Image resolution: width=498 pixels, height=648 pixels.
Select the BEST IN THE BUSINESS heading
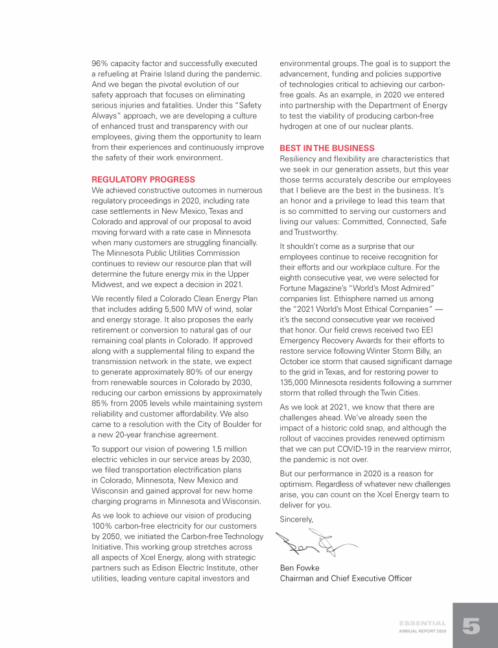(x=327, y=148)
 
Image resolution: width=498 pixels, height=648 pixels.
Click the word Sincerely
(x=296, y=519)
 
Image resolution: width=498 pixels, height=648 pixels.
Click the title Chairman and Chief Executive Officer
(x=346, y=579)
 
